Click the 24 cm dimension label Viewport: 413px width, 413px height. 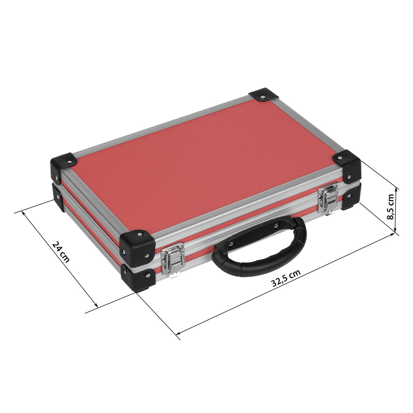tap(61, 252)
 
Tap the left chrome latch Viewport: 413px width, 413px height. tap(172, 259)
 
